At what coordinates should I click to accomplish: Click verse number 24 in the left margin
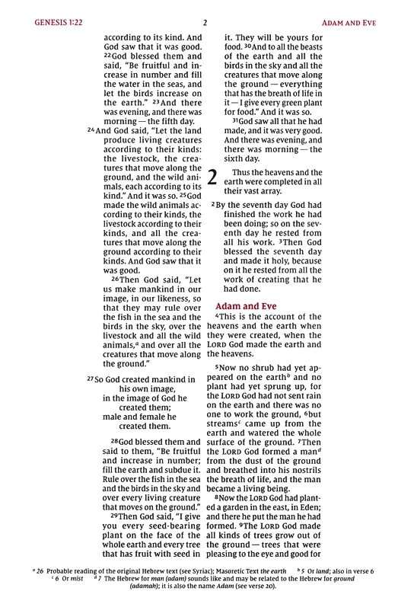click(x=91, y=130)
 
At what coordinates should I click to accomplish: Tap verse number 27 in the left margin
click(x=91, y=379)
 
